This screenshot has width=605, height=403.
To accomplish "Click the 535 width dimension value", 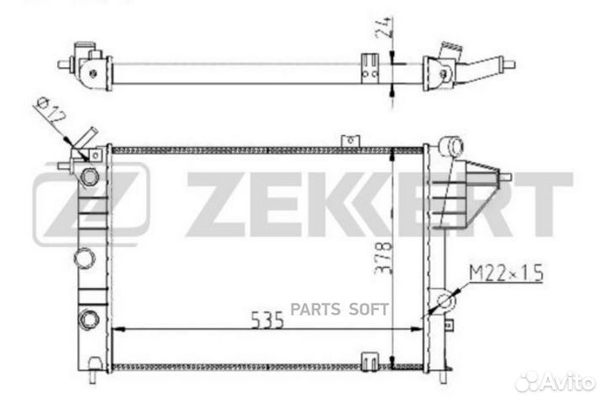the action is coord(267,320).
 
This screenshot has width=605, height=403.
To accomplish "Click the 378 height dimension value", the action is coord(383,258).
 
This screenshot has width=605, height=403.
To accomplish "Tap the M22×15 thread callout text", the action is coord(506,273).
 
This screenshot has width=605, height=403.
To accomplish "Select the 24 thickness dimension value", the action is coord(384,28).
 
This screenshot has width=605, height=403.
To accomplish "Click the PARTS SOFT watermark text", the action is coord(339,309).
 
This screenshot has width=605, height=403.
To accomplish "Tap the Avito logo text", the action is coord(555,382).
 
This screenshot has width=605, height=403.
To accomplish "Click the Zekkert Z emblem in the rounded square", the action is coord(91,203).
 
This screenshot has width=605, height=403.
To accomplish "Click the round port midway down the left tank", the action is coord(85,258).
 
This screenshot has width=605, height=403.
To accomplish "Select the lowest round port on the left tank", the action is coord(89,320).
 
